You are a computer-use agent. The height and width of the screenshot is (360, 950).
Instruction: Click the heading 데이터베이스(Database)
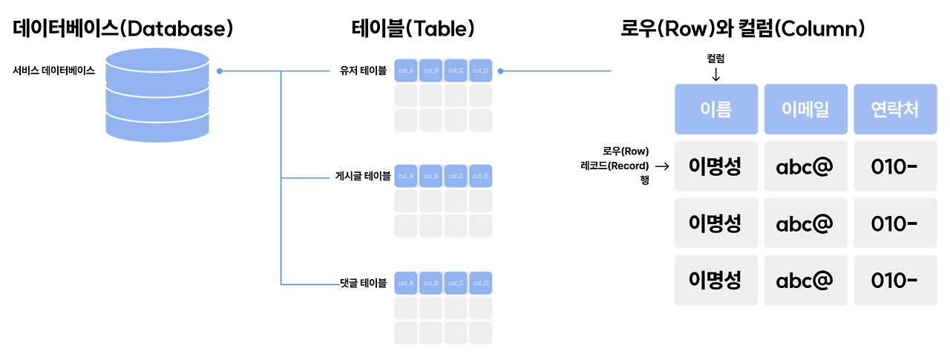coord(122,30)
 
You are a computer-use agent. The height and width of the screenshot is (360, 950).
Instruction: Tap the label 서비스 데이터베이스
coord(53,71)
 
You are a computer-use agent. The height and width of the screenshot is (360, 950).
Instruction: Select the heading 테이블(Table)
coord(413,30)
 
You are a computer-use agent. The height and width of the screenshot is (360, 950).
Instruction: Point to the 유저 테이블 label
coord(363,71)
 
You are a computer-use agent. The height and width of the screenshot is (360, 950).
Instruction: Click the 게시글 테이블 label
coord(362,177)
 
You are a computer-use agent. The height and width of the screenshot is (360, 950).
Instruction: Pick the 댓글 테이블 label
coord(363,283)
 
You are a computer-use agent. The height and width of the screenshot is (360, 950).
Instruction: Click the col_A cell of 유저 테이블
coord(406,71)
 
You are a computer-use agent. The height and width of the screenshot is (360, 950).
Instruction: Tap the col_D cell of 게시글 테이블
coord(480,176)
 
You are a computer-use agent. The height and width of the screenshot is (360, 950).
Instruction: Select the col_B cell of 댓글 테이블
coord(430,283)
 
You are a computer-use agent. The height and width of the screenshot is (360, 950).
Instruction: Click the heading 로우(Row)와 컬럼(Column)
coord(743,30)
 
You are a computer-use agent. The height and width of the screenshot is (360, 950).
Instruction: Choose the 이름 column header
coord(716,110)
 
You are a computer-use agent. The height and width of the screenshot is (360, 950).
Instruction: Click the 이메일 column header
coord(805,110)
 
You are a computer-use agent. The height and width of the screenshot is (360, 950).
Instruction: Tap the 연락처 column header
coord(894,110)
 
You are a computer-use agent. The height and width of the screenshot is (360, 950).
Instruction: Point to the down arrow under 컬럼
coord(716,75)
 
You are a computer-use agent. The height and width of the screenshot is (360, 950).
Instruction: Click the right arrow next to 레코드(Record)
coord(662,166)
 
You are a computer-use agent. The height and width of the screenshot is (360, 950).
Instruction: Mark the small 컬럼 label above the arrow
coord(716,57)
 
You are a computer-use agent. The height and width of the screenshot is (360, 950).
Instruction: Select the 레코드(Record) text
coord(615,166)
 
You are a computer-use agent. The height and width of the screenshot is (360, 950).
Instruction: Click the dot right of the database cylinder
coord(220,71)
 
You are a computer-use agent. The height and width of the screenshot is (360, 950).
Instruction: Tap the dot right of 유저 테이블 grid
coord(501,71)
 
